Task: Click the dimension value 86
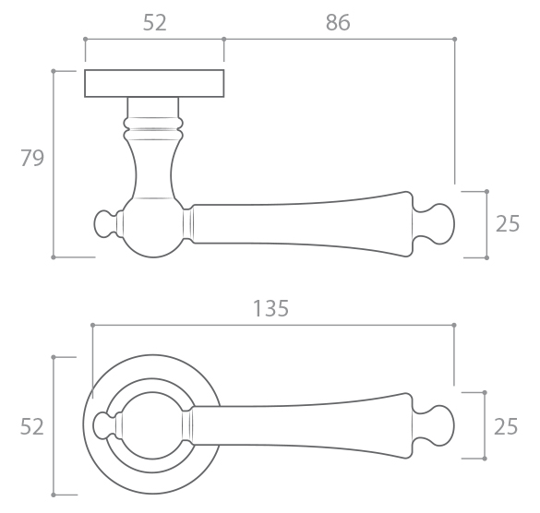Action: [x=338, y=23]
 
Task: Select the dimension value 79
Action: [x=32, y=158]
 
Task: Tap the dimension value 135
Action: [x=270, y=308]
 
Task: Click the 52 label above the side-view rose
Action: [x=155, y=23]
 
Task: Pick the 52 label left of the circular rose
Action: [x=32, y=426]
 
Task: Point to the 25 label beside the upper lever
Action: [x=508, y=224]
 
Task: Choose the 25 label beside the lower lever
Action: [x=506, y=426]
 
